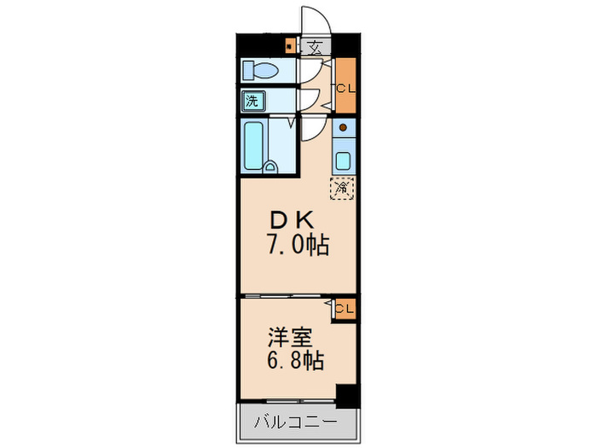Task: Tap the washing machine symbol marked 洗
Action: pos(252,101)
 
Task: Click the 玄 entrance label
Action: pos(315,46)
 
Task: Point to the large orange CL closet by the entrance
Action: pos(345,86)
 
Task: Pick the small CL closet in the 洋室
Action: pos(345,308)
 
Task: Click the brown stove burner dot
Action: pos(343,128)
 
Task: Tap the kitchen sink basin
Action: pos(343,159)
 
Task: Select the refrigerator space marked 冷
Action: pos(342,186)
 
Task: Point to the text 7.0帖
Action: pos(295,246)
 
